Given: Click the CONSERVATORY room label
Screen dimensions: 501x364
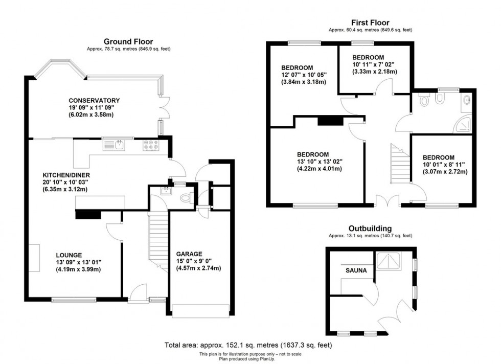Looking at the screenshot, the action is pyautogui.click(x=94, y=100).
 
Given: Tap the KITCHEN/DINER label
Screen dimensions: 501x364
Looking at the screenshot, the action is pyautogui.click(x=66, y=175).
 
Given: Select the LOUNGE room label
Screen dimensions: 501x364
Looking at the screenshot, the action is pyautogui.click(x=69, y=255).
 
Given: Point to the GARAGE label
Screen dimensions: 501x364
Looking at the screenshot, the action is pyautogui.click(x=189, y=254).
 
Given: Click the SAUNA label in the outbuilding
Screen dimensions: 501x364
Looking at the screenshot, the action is pyautogui.click(x=356, y=270).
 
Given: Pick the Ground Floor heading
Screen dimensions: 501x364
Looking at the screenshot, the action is pyautogui.click(x=128, y=41).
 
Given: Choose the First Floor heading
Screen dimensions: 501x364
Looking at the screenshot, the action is pyautogui.click(x=370, y=22).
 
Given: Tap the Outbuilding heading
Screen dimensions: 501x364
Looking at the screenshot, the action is pyautogui.click(x=370, y=229).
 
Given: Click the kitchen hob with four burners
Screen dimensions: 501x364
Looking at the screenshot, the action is pyautogui.click(x=151, y=145).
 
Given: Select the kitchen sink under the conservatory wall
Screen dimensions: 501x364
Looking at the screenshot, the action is pyautogui.click(x=114, y=145).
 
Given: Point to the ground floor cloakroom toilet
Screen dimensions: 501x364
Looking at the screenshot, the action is pyautogui.click(x=187, y=198).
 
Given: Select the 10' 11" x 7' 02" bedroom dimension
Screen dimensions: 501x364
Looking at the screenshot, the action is pyautogui.click(x=374, y=64).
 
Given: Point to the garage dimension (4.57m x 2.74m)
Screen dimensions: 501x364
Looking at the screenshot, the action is pyautogui.click(x=199, y=268).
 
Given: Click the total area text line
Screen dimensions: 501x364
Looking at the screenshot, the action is pyautogui.click(x=248, y=345).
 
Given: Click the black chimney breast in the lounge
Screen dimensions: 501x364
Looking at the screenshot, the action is pyautogui.click(x=88, y=215).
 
